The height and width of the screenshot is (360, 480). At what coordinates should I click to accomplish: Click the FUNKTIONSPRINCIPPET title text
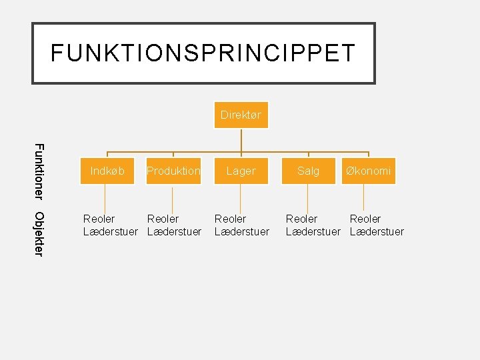point(203,53)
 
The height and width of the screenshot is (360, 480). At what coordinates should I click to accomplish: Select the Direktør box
point(241,115)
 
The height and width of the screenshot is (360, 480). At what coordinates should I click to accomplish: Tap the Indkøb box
point(107,171)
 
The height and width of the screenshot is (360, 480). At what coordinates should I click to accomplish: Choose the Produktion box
point(173,171)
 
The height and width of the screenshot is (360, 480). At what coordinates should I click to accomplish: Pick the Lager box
point(241,171)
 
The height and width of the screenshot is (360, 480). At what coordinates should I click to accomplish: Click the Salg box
point(308,171)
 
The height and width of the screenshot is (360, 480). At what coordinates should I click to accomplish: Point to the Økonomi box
point(368,171)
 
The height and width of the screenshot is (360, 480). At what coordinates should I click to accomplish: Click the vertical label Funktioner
point(39,171)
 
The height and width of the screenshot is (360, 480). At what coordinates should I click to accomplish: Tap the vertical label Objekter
point(39,233)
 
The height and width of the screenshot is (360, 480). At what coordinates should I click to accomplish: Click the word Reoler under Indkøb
point(99,219)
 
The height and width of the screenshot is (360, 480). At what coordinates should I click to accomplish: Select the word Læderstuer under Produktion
point(174,231)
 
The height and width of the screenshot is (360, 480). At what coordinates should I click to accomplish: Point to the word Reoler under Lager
point(230,219)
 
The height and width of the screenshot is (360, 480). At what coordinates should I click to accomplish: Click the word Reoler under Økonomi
point(365,219)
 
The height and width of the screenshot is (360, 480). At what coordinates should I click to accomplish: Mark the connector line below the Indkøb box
point(105,198)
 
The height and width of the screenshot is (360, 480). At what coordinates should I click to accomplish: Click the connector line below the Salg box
point(307,198)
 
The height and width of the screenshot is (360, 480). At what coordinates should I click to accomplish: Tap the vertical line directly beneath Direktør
point(241,140)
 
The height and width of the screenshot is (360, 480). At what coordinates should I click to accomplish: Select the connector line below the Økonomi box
point(363,198)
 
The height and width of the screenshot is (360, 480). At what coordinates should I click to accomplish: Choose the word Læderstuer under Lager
point(241,231)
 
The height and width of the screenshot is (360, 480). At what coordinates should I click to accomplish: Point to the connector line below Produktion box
point(173,198)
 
